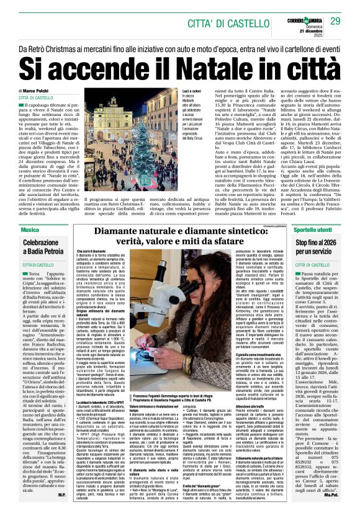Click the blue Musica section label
pyautogui.click(x=29, y=230)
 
